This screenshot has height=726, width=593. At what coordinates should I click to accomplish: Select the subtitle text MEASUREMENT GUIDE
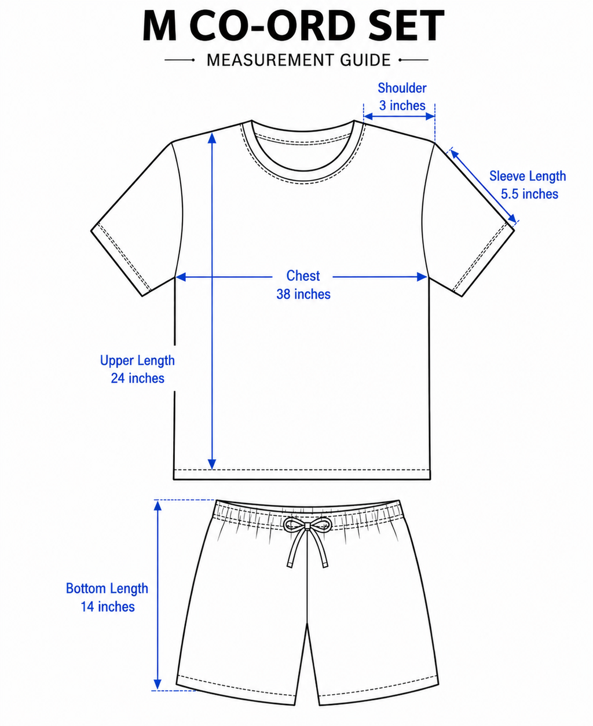tap(299, 60)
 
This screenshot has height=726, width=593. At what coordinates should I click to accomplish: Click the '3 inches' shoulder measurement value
tap(402, 105)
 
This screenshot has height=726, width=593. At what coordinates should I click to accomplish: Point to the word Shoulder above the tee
tap(402, 88)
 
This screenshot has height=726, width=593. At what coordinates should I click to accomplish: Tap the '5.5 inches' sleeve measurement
tap(529, 194)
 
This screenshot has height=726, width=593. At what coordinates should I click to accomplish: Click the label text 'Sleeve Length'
tap(528, 176)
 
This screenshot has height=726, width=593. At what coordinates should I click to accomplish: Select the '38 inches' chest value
tap(303, 294)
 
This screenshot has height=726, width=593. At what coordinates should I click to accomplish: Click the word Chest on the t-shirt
tap(303, 276)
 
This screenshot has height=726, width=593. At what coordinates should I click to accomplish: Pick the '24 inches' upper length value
tap(137, 378)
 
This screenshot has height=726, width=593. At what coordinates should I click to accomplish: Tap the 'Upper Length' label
tap(137, 361)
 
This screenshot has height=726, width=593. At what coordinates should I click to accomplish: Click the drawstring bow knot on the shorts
tap(306, 526)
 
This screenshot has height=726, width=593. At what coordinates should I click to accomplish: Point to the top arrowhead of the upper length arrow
tap(212, 138)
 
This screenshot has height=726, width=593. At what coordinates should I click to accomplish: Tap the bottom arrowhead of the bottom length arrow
tap(158, 684)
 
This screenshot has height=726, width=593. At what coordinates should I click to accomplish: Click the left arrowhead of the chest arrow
tap(181, 277)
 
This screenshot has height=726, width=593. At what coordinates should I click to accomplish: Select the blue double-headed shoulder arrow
tap(400, 116)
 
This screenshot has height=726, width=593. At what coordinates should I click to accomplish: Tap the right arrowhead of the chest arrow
tap(422, 277)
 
